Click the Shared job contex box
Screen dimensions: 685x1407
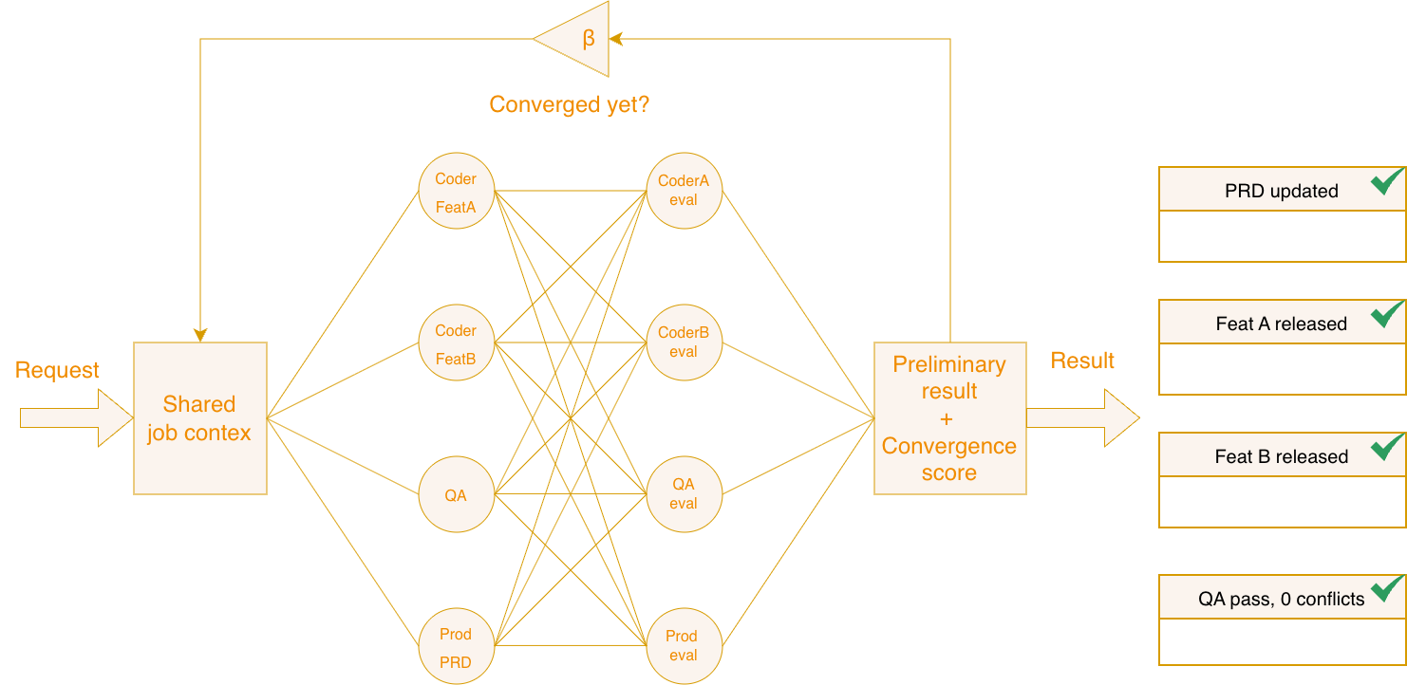coord(199,418)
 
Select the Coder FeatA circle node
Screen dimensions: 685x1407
coord(456,192)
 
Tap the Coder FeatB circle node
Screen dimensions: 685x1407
coord(456,343)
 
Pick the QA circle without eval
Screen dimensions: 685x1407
coord(456,495)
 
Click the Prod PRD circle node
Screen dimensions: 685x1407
coord(456,647)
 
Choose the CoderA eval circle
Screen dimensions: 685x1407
coord(684,192)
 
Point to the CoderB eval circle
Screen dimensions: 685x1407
coord(684,343)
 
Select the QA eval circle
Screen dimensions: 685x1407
coord(684,495)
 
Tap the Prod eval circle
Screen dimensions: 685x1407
coord(684,647)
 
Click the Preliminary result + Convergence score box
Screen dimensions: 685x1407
coord(949,418)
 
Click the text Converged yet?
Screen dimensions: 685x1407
coord(570,104)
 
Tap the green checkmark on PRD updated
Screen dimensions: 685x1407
coord(1387,181)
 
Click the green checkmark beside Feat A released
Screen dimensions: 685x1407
coord(1387,314)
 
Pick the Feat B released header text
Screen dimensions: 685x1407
coord(1281,456)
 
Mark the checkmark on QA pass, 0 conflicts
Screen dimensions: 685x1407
coord(1387,589)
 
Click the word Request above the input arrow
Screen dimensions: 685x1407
coord(57,370)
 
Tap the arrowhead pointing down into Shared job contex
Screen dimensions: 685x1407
coord(199,335)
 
